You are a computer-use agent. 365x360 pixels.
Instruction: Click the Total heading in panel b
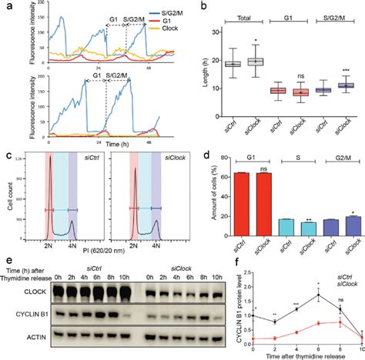point(233,13)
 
